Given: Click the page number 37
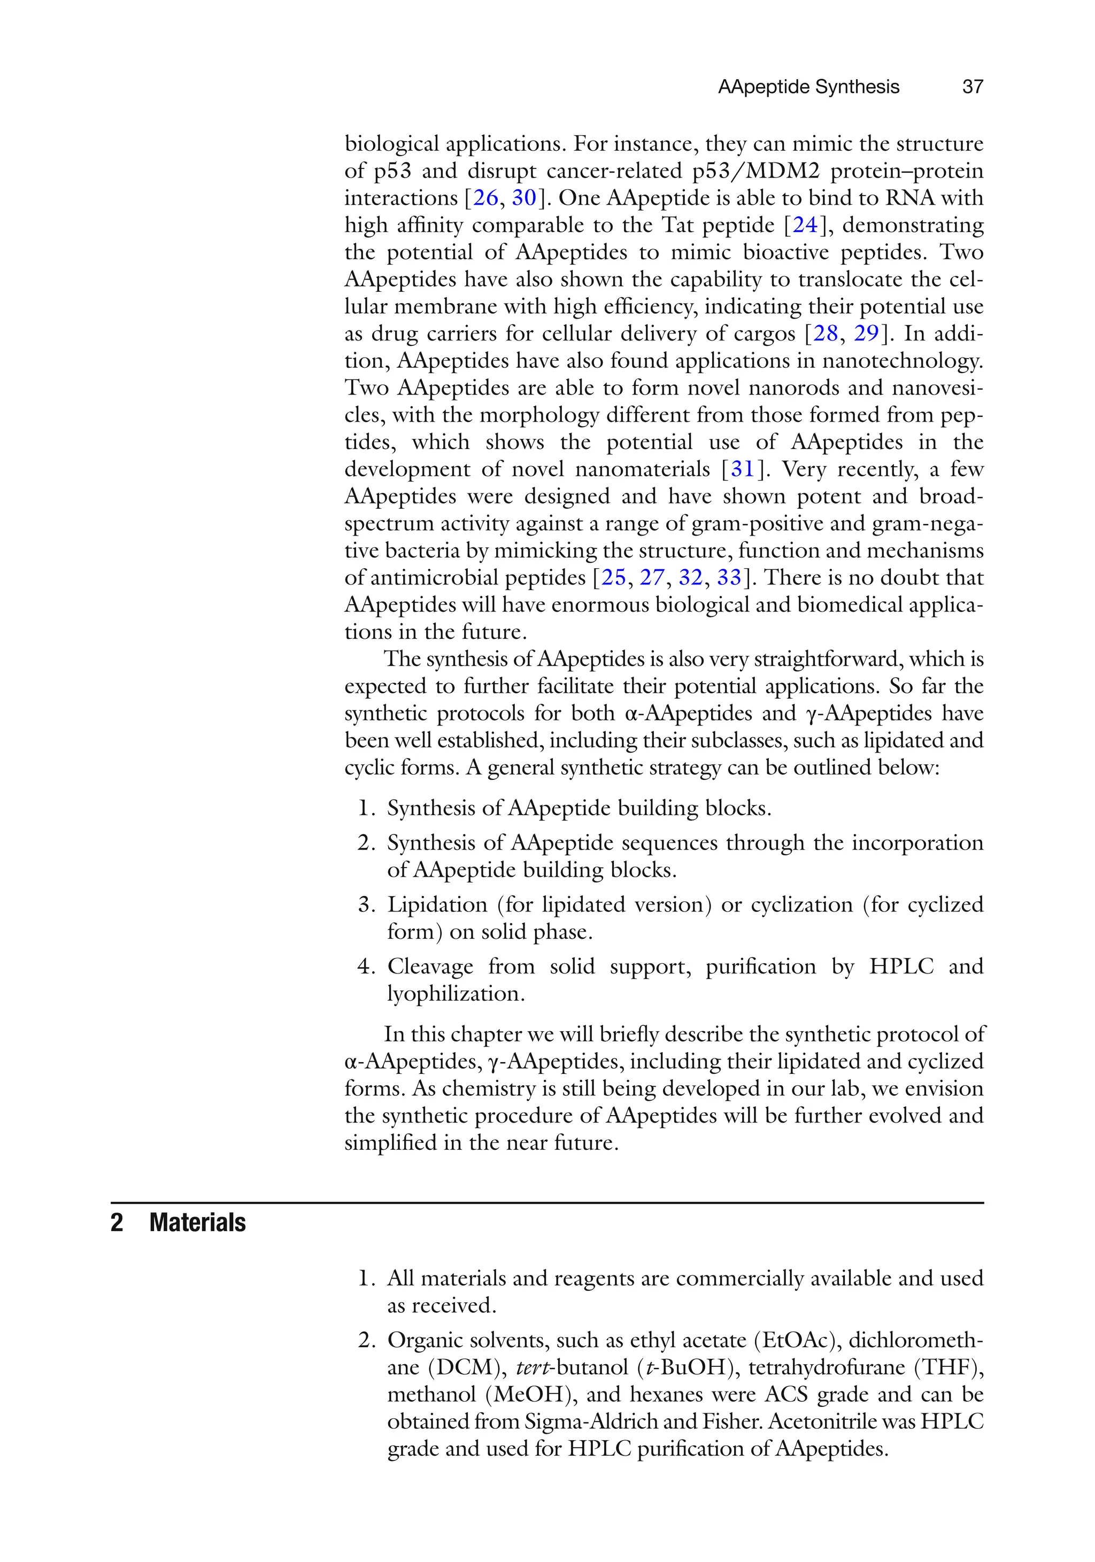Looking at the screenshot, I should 973,87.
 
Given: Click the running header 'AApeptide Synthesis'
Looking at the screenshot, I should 808,87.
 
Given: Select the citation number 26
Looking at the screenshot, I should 486,198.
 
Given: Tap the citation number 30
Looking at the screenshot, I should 524,198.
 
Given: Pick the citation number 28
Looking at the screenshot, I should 826,334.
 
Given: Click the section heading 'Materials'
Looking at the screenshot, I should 197,1223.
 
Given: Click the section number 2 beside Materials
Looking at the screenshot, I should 117,1223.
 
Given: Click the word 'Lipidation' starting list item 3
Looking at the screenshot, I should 437,905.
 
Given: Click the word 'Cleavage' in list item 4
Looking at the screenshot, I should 430,966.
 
